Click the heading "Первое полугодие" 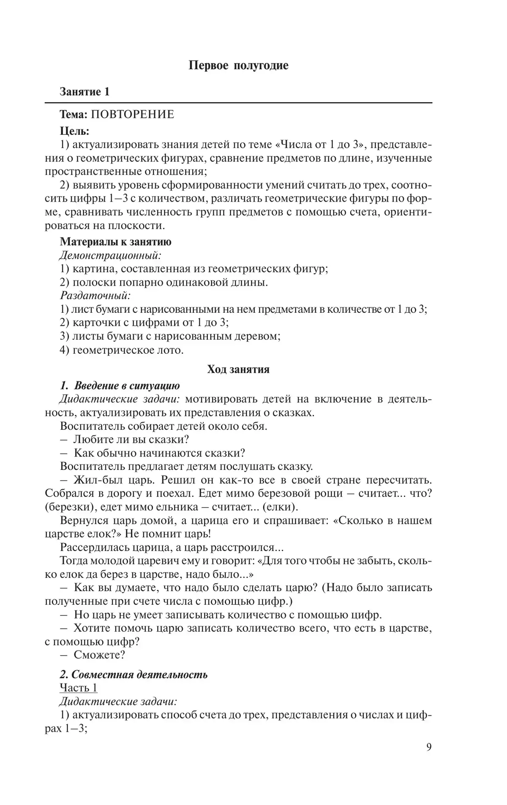coord(238,65)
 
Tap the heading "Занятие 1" coord(84,92)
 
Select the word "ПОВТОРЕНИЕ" coord(133,115)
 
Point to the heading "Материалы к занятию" coord(115,242)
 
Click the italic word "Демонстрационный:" coord(110,255)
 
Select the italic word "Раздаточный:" coord(95,295)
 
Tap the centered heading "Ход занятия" coord(238,369)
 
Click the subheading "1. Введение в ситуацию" coord(120,385)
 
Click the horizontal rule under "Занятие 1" coord(238,103)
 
